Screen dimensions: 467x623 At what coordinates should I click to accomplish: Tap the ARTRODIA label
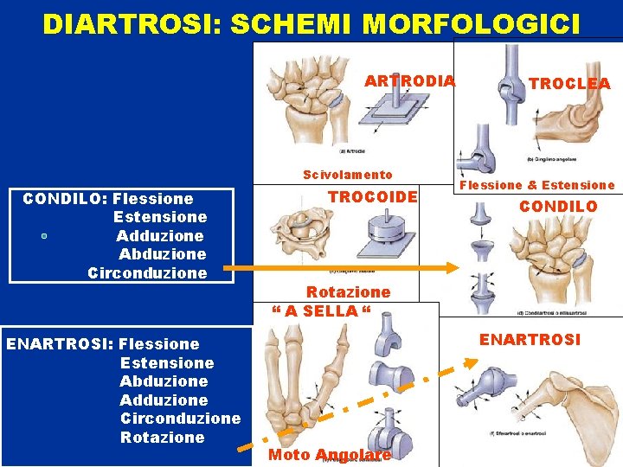point(409,81)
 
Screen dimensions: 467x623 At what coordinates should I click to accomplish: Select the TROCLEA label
point(569,84)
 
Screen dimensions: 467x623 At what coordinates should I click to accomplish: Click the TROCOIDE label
point(373,197)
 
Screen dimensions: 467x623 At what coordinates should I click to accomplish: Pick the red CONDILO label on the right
point(558,207)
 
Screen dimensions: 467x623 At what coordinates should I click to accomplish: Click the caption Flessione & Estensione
point(536,185)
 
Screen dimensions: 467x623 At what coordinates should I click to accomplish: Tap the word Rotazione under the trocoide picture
point(349,292)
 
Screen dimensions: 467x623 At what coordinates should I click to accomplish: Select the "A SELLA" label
point(321,310)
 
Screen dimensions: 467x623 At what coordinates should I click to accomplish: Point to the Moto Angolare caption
point(330,455)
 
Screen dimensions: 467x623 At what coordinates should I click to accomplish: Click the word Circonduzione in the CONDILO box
point(147,273)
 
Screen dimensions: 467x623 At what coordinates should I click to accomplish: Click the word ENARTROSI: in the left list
point(59,344)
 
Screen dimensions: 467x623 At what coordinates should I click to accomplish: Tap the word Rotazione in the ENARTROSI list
point(163,438)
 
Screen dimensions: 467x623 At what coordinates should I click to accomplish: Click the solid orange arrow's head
point(452,267)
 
